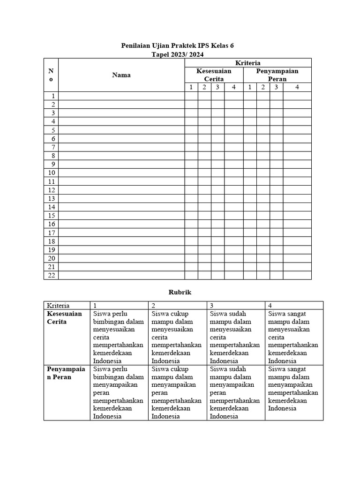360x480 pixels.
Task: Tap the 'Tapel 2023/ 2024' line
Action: click(177, 54)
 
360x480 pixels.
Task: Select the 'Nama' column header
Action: click(121, 75)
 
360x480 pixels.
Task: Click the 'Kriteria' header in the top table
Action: click(248, 63)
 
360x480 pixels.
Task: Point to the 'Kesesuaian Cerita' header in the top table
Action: click(214, 75)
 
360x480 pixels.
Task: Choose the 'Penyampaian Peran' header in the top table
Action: click(277, 75)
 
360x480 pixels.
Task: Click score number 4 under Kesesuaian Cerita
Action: click(233, 87)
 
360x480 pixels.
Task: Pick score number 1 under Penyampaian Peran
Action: click(250, 87)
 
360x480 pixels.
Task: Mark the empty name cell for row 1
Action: click(121, 96)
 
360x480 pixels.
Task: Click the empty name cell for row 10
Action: click(121, 173)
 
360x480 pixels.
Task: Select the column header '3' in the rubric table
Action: click(212, 305)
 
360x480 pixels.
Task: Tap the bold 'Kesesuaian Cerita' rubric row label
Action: click(64, 318)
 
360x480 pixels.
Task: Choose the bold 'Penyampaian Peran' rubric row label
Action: click(66, 373)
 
